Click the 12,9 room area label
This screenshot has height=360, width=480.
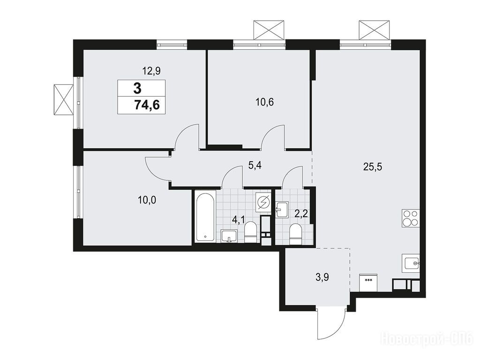pos(151,71)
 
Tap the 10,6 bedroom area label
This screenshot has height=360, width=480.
pos(264,102)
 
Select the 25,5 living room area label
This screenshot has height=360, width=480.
pos(373,167)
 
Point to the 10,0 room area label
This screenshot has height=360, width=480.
pos(147,200)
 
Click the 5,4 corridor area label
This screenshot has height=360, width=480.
pos(255,166)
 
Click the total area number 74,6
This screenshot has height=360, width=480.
pos(147,105)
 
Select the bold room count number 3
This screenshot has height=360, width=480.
pos(137,89)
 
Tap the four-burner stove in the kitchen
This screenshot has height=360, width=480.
pos(410,218)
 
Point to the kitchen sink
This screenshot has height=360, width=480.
pos(411,263)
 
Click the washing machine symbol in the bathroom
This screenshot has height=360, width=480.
pos(263,202)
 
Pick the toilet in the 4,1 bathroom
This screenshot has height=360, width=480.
pos(250,232)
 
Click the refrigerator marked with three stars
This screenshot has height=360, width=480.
pos(368,282)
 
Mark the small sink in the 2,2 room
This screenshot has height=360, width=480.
pos(282,210)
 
